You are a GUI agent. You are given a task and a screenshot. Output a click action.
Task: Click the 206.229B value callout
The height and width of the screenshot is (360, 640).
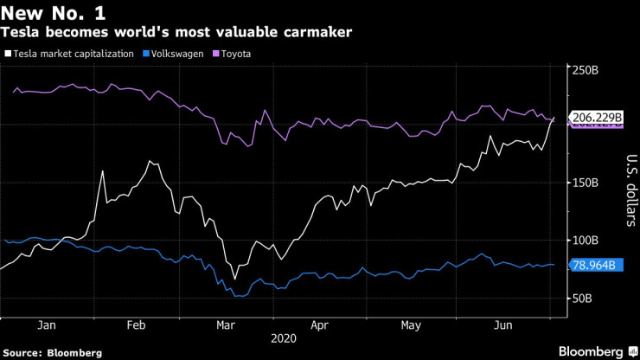(x=594, y=117)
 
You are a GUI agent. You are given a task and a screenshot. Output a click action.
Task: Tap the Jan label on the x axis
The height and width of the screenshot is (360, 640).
(x=47, y=325)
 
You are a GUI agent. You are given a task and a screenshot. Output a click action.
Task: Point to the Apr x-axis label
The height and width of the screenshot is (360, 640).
(x=319, y=325)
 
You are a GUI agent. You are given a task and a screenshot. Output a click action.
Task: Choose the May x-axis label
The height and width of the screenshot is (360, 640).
(x=411, y=325)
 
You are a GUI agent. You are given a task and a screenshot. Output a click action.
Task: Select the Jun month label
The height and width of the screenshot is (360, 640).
(x=502, y=325)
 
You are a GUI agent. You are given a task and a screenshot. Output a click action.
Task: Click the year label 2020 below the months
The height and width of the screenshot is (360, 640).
(x=284, y=339)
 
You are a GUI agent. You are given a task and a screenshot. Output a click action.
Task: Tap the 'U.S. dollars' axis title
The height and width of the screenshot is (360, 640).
(x=630, y=190)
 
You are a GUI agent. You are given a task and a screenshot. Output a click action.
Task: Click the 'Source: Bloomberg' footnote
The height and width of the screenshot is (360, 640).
(x=52, y=353)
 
